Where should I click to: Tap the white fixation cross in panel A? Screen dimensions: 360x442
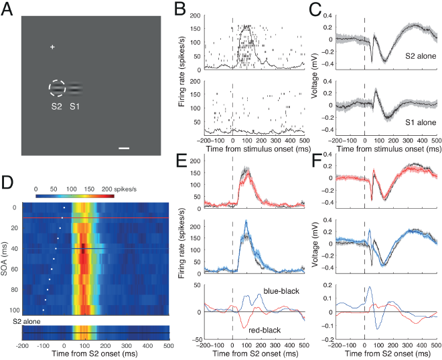click(x=52, y=47)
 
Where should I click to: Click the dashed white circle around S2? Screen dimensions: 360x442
click(x=57, y=88)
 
